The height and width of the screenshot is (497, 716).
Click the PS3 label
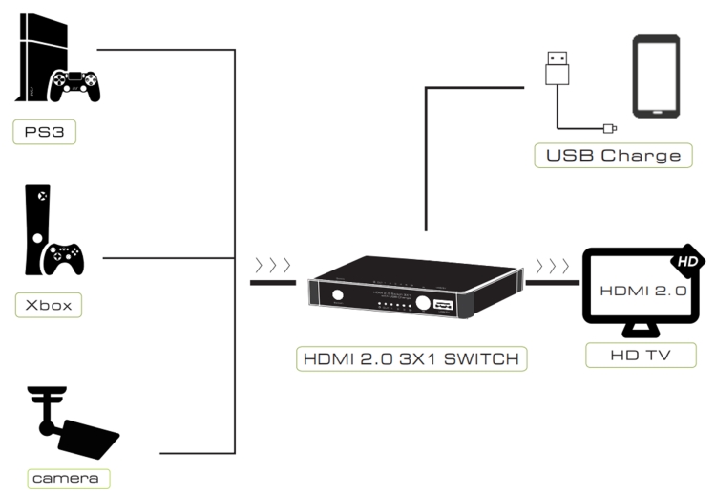[44, 132]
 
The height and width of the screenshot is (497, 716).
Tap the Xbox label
[49, 305]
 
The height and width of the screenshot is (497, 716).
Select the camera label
[55, 476]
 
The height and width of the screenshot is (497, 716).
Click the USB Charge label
[613, 155]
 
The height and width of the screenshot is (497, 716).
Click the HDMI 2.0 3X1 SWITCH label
[410, 359]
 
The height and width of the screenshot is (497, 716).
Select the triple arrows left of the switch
[272, 265]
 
